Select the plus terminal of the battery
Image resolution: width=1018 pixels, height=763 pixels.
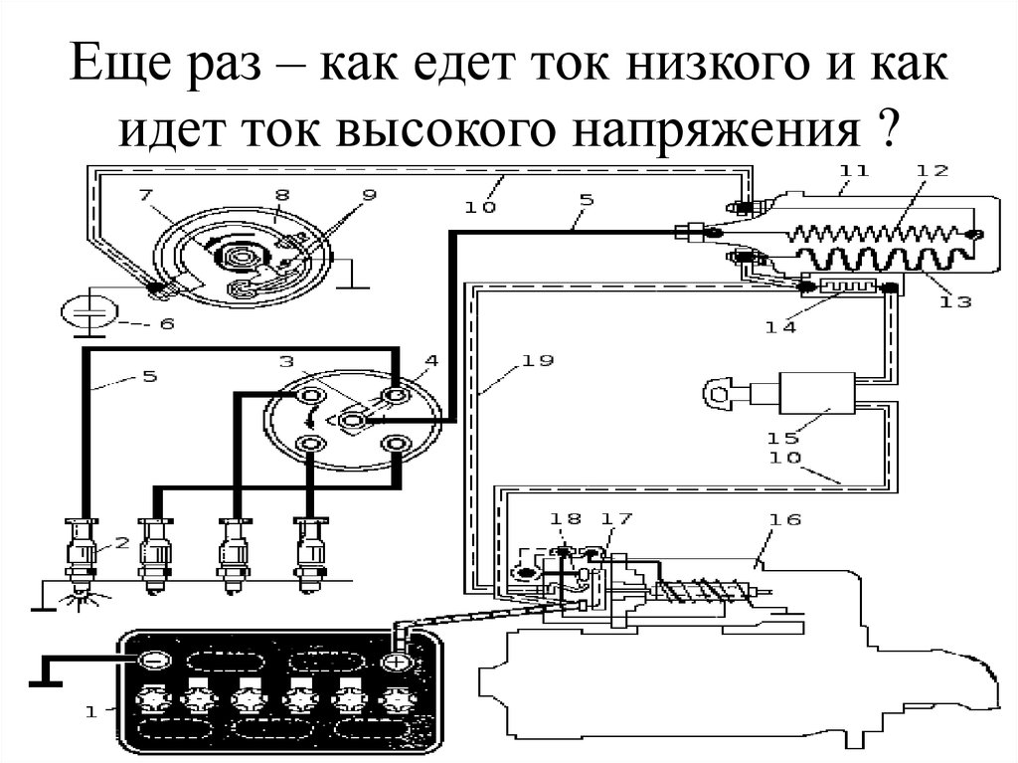coord(395,661)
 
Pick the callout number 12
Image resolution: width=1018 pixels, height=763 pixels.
coord(933,169)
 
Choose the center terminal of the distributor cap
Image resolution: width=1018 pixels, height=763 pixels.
coord(352,421)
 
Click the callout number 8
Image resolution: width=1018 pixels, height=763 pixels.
coord(282,196)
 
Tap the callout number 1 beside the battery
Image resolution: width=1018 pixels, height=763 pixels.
coord(91,710)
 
